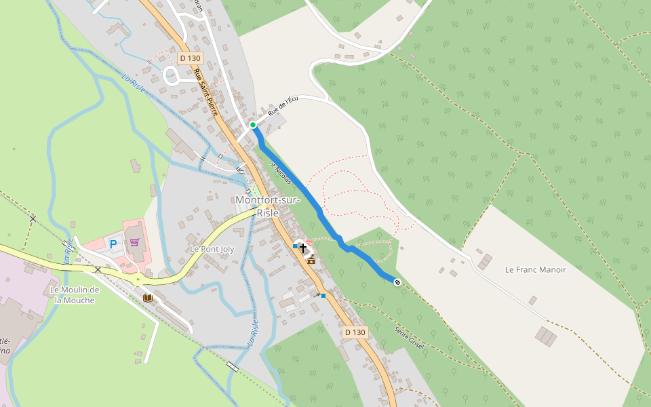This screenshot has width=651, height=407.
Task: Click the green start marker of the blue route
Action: [x=253, y=125]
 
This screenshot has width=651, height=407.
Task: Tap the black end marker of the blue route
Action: [x=397, y=282]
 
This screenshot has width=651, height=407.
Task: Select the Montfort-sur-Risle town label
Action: [x=267, y=206]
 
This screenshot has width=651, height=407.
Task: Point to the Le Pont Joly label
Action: [x=212, y=249]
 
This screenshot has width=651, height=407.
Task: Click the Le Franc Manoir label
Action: [x=535, y=269]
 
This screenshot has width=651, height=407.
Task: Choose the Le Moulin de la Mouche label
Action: [x=75, y=294]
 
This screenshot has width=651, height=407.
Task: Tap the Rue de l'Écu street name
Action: [x=283, y=104]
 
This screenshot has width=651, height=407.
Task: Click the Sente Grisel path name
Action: [x=409, y=338]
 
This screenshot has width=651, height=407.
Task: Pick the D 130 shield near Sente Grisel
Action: [x=355, y=332]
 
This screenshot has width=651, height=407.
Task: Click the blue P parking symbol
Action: [x=113, y=244]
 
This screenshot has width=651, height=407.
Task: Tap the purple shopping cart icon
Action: [x=134, y=242]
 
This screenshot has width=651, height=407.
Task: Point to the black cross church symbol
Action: [x=303, y=248]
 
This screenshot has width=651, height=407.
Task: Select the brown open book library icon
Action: [x=148, y=297]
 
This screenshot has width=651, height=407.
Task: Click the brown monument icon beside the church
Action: [x=311, y=258]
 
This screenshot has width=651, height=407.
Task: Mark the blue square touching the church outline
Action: [x=295, y=246]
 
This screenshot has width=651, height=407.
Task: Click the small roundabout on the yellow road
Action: [x=138, y=279]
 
